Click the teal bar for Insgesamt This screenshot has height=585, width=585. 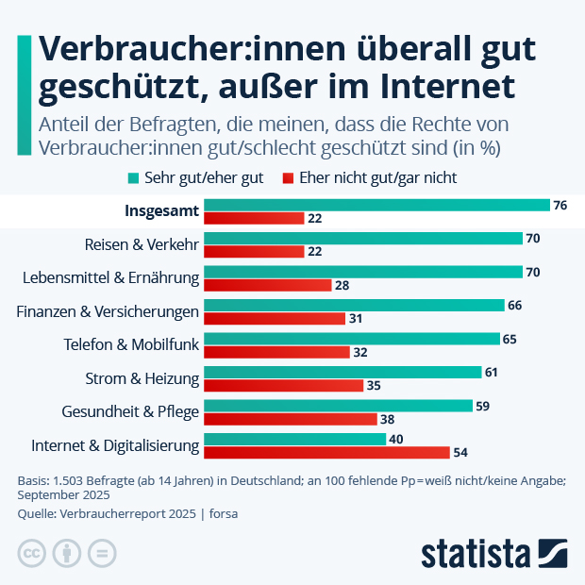(x=376, y=205)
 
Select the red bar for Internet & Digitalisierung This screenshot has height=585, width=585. (x=326, y=452)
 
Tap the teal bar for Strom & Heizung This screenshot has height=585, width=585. (x=343, y=372)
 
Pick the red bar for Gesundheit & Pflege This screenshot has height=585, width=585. (x=291, y=419)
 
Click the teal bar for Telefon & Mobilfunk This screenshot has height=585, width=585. (x=352, y=339)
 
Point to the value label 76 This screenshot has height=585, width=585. (x=560, y=205)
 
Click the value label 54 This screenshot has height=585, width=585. (x=462, y=452)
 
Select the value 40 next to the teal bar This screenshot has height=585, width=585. (x=397, y=439)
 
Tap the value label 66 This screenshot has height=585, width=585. (x=514, y=305)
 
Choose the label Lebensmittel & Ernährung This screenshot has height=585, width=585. (x=110, y=278)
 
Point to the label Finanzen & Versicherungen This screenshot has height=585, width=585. (x=109, y=311)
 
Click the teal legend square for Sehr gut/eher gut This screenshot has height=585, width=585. (x=133, y=177)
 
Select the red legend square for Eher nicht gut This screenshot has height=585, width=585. (x=290, y=177)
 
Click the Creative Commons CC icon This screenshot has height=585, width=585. (x=32, y=553)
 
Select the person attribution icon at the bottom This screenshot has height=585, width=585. (x=67, y=553)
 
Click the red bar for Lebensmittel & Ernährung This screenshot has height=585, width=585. (x=267, y=285)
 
